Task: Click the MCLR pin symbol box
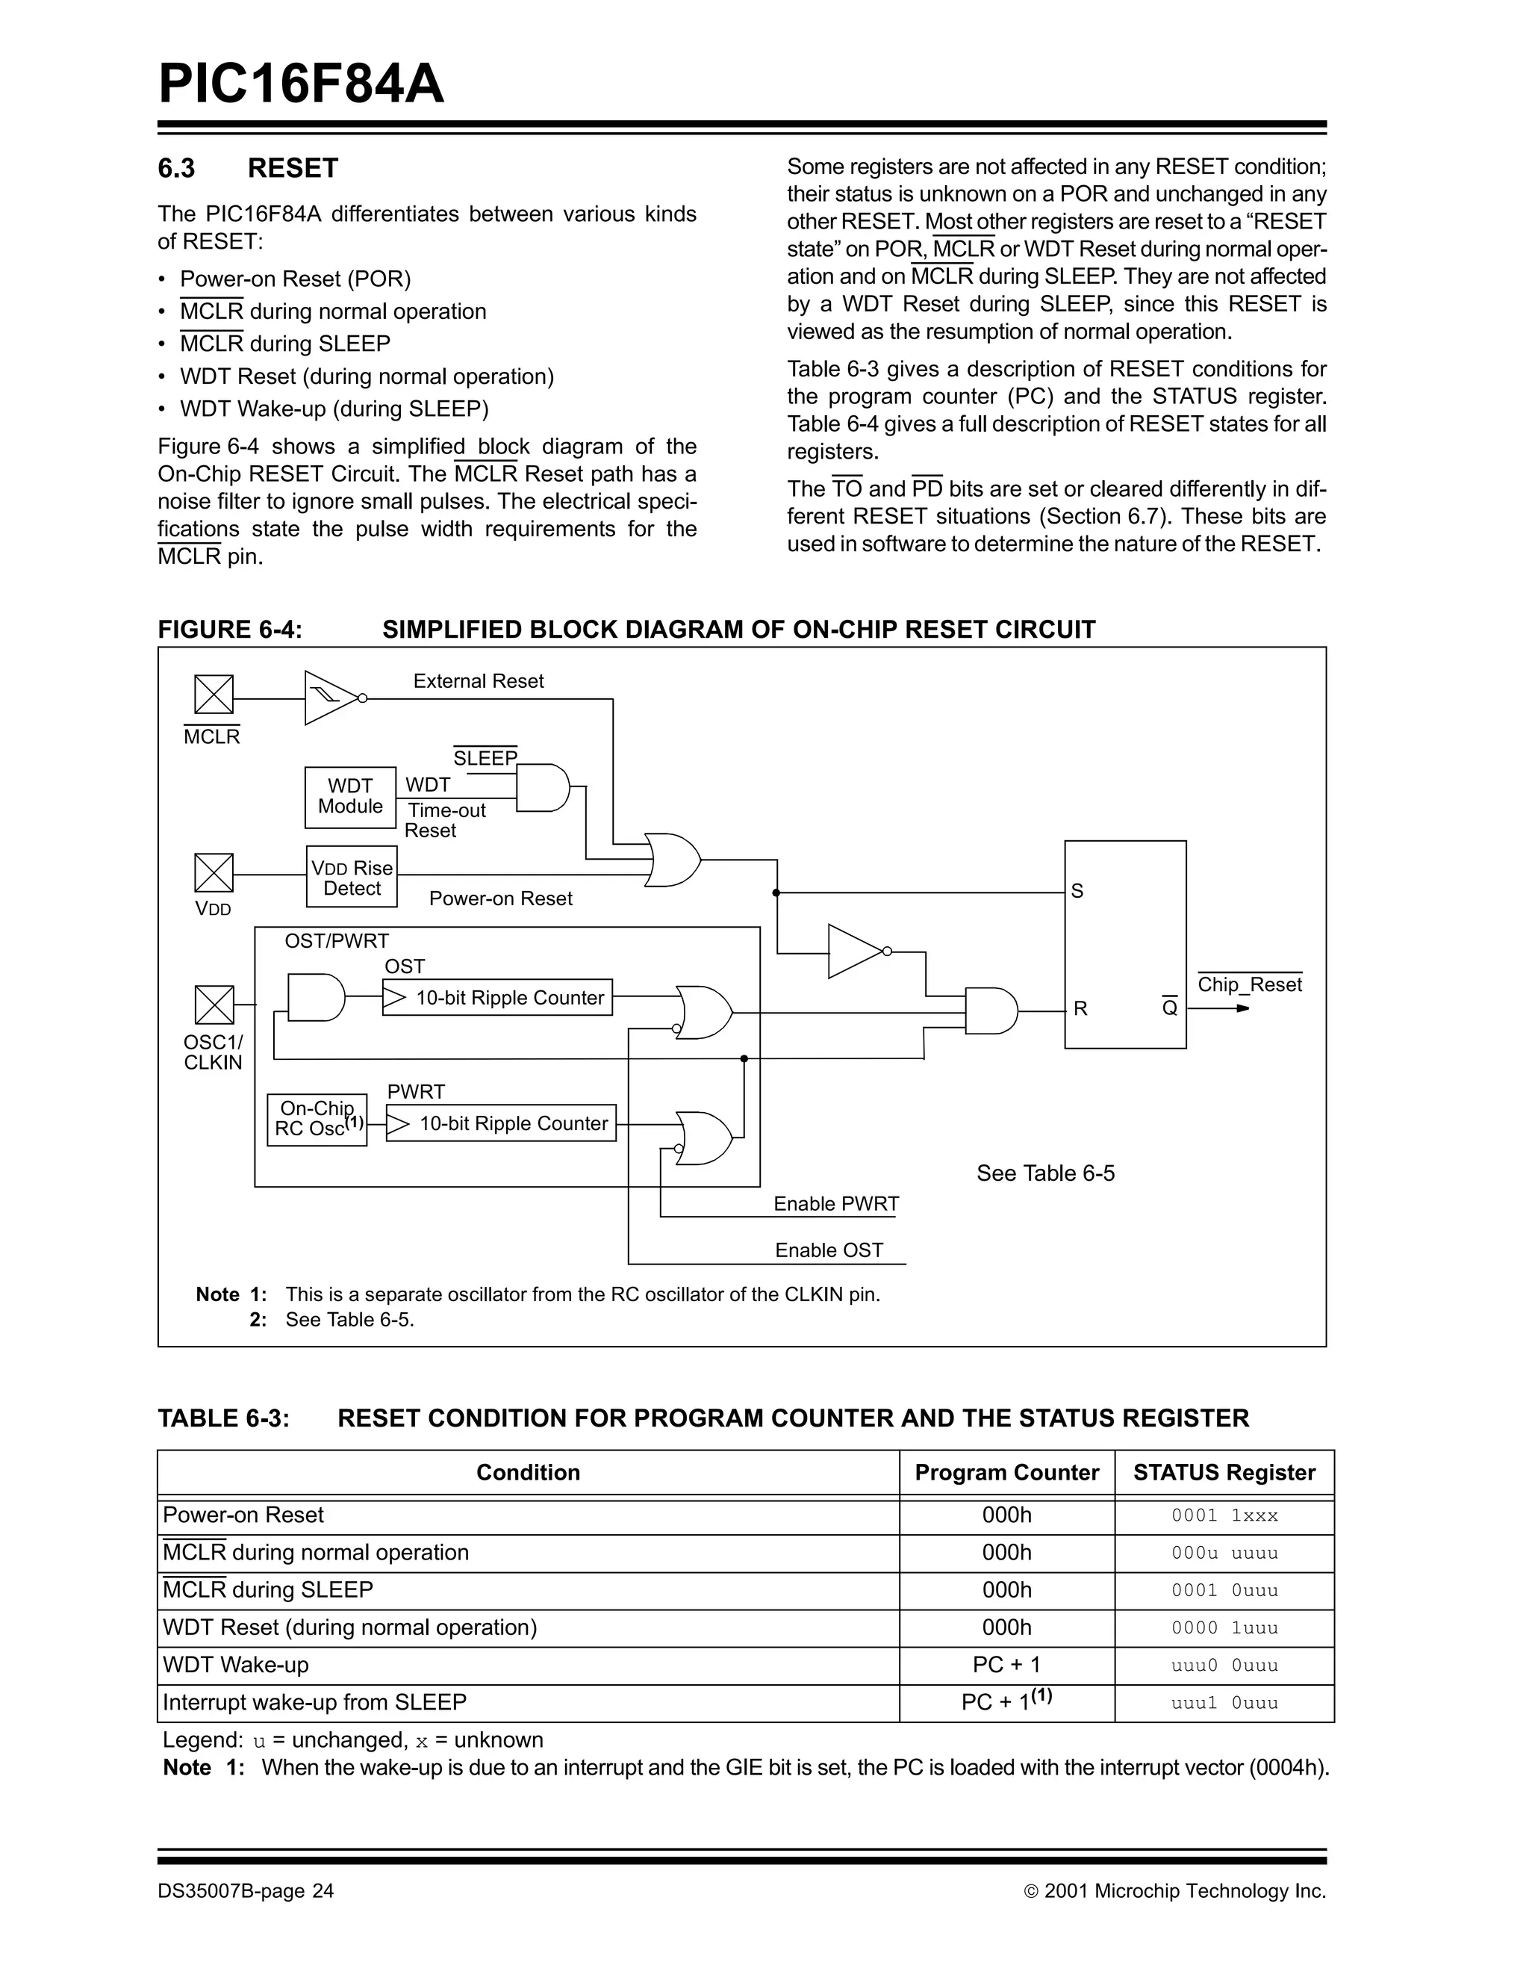[x=214, y=695]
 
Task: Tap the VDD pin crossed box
[x=214, y=872]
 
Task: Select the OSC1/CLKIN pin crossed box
[x=214, y=1005]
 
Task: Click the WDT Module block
[x=350, y=797]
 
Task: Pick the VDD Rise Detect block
[x=352, y=876]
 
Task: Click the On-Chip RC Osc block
[x=317, y=1120]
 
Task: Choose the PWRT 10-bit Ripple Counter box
[x=501, y=1123]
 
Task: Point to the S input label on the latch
[x=1077, y=892]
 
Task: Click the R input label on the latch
[x=1080, y=1008]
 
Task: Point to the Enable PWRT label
[x=835, y=1204]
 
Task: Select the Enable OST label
[x=829, y=1250]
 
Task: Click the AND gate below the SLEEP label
[x=542, y=787]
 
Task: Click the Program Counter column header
[x=1006, y=1473]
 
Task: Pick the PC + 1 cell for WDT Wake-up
[x=1006, y=1665]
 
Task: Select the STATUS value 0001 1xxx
[x=1224, y=1515]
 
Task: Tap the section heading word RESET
[x=292, y=168]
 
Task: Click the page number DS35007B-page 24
[x=245, y=1891]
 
